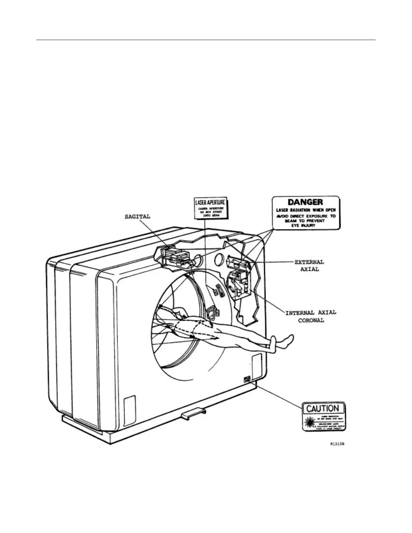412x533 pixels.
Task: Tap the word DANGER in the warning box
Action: pyautogui.click(x=306, y=202)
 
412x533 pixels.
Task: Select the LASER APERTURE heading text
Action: pyautogui.click(x=210, y=203)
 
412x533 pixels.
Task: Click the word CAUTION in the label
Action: pyautogui.click(x=323, y=409)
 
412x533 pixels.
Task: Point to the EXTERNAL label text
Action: pyautogui.click(x=309, y=262)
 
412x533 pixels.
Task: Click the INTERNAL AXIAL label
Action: pyautogui.click(x=311, y=313)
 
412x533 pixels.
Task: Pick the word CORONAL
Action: pyautogui.click(x=311, y=320)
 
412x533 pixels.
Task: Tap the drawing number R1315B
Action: pyautogui.click(x=337, y=444)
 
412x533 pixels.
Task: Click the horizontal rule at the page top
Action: pyautogui.click(x=206, y=40)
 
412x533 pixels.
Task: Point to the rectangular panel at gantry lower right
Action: pyautogui.click(x=256, y=365)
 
